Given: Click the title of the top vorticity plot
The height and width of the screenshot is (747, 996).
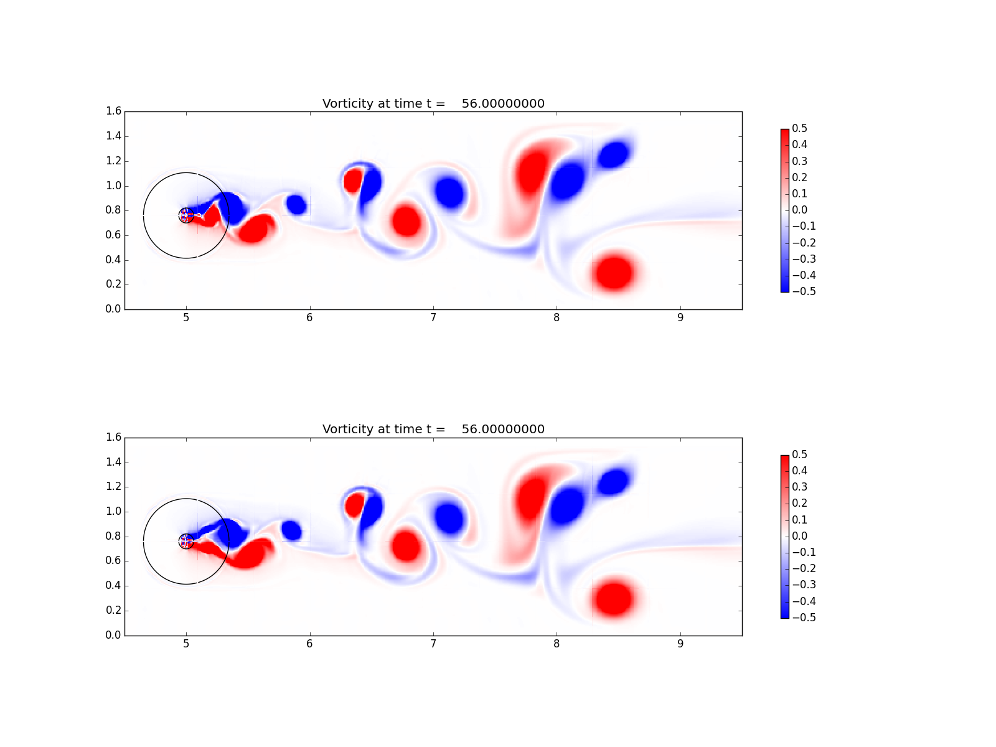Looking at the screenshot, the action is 433,103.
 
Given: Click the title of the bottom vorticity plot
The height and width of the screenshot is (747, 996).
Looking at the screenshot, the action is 433,429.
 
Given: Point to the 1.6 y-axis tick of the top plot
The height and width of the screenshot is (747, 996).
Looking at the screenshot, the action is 113,111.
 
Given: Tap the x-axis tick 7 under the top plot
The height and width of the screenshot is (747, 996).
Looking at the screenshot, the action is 433,318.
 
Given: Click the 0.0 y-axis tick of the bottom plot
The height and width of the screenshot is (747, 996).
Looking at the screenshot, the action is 113,635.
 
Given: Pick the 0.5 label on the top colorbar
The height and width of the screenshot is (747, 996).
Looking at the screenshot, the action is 799,128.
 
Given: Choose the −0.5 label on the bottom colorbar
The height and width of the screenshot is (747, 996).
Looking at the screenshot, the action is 804,618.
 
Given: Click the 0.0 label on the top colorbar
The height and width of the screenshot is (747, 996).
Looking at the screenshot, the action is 799,210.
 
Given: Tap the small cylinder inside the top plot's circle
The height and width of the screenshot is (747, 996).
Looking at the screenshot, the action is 186,215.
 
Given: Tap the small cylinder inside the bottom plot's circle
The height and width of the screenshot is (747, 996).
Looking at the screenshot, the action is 186,541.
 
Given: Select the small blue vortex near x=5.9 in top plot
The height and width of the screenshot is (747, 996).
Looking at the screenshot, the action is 296,205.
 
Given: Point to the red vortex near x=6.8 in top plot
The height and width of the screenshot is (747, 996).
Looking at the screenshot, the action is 406,222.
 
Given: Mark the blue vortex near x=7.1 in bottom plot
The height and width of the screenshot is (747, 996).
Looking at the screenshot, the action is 449,518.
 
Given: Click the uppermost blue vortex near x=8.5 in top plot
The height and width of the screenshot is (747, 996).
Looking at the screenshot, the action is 614,154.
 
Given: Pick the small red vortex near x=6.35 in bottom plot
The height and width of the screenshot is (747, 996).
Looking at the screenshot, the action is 354,505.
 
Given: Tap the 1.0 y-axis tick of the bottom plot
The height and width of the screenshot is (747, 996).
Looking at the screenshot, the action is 113,512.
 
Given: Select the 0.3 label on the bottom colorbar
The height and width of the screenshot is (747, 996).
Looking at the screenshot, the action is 799,487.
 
